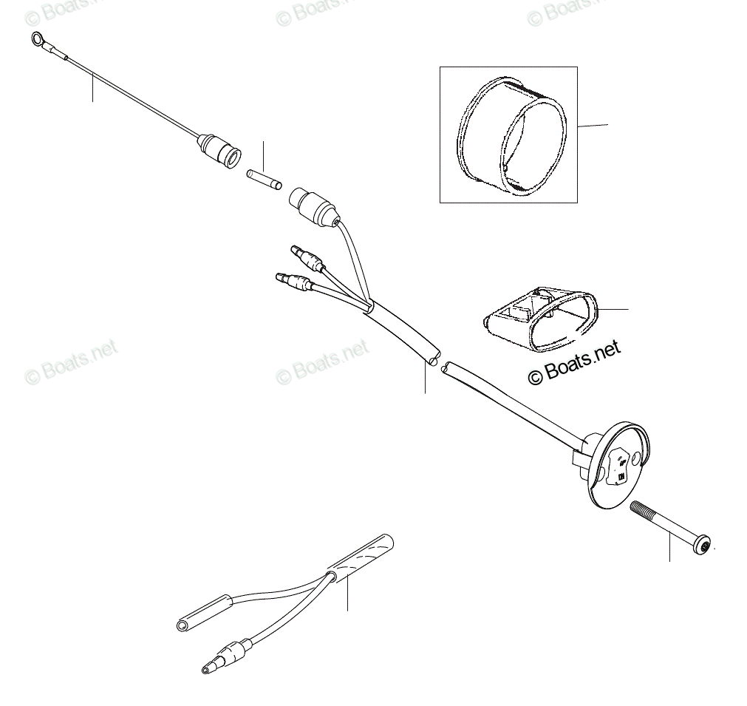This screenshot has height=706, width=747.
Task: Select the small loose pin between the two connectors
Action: coord(262,179)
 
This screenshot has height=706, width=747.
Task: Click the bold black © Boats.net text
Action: coord(574,362)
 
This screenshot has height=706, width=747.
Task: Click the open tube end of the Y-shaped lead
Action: coord(183,625)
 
